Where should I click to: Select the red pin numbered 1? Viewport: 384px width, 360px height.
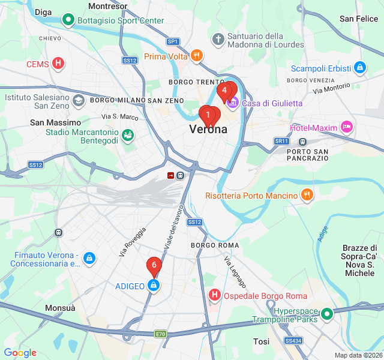pyautogui.click(x=208, y=114)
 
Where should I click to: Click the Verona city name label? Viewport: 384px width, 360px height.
pyautogui.click(x=208, y=129)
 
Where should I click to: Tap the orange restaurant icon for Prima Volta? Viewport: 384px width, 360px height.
pyautogui.click(x=197, y=56)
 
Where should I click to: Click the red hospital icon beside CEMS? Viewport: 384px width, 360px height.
pyautogui.click(x=58, y=64)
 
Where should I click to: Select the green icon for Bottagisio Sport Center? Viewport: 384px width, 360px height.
pyautogui.click(x=68, y=20)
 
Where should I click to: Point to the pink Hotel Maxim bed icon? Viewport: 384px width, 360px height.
pyautogui.click(x=346, y=127)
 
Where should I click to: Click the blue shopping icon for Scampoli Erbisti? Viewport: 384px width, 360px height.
pyautogui.click(x=359, y=68)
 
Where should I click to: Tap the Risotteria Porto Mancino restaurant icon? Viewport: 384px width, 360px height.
pyautogui.click(x=307, y=195)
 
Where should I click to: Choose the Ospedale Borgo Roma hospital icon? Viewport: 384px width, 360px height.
pyautogui.click(x=214, y=295)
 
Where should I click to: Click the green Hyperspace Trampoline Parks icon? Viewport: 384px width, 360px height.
pyautogui.click(x=326, y=313)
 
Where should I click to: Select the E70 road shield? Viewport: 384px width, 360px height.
pyautogui.click(x=160, y=334)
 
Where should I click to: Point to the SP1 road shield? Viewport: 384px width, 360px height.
pyautogui.click(x=173, y=41)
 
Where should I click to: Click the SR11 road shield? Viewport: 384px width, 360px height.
pyautogui.click(x=281, y=141)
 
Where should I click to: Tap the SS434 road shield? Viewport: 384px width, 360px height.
pyautogui.click(x=293, y=340)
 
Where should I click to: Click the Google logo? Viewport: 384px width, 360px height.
pyautogui.click(x=20, y=353)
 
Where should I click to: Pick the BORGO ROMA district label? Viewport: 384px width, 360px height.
pyautogui.click(x=215, y=245)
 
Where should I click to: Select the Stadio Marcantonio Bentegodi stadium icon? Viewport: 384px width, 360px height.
pyautogui.click(x=127, y=136)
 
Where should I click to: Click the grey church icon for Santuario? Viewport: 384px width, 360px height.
pyautogui.click(x=218, y=40)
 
